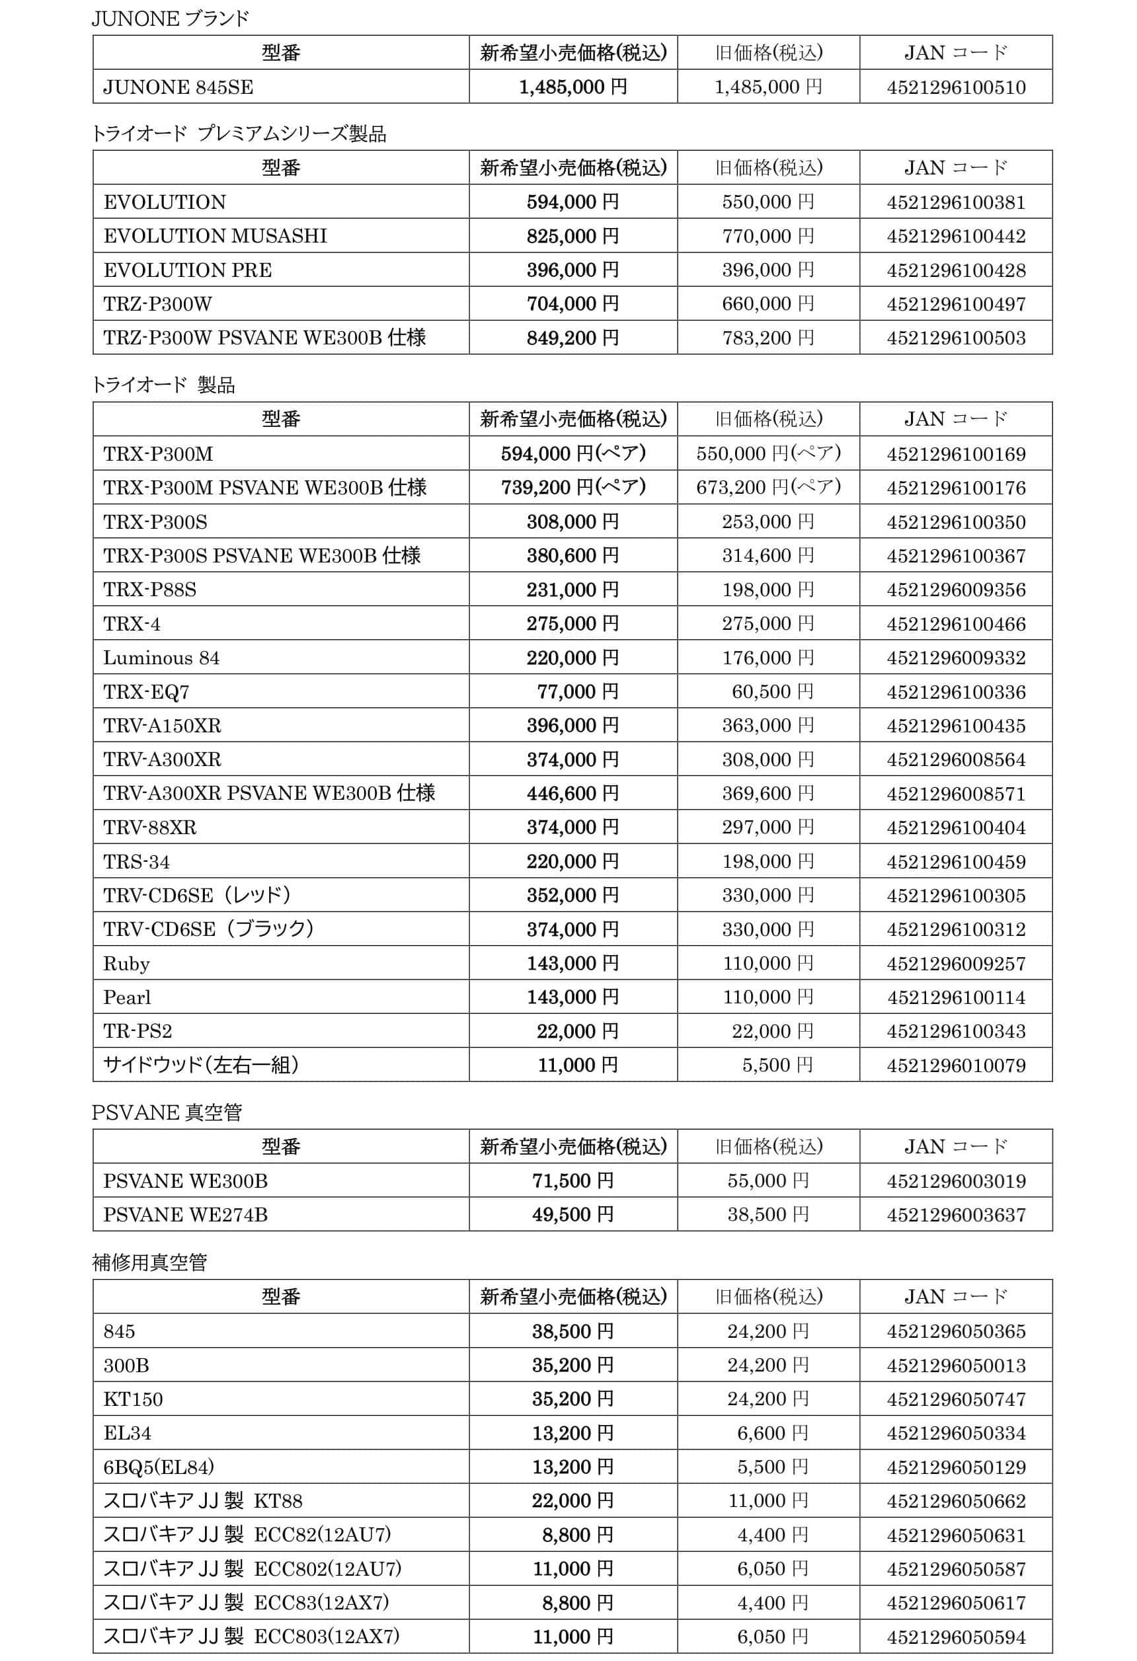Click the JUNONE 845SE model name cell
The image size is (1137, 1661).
point(178,87)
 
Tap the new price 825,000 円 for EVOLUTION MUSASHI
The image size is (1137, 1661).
point(572,236)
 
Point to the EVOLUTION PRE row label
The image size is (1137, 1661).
point(188,270)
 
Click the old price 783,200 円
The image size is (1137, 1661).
point(767,337)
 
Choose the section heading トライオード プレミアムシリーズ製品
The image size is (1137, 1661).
point(239,134)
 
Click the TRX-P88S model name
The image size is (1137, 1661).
point(150,590)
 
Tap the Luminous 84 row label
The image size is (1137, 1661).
point(161,658)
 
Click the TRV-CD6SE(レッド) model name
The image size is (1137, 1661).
point(197,895)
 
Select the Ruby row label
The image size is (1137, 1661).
point(126,964)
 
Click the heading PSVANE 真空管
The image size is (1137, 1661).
point(167,1112)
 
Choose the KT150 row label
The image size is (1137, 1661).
point(133,1399)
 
